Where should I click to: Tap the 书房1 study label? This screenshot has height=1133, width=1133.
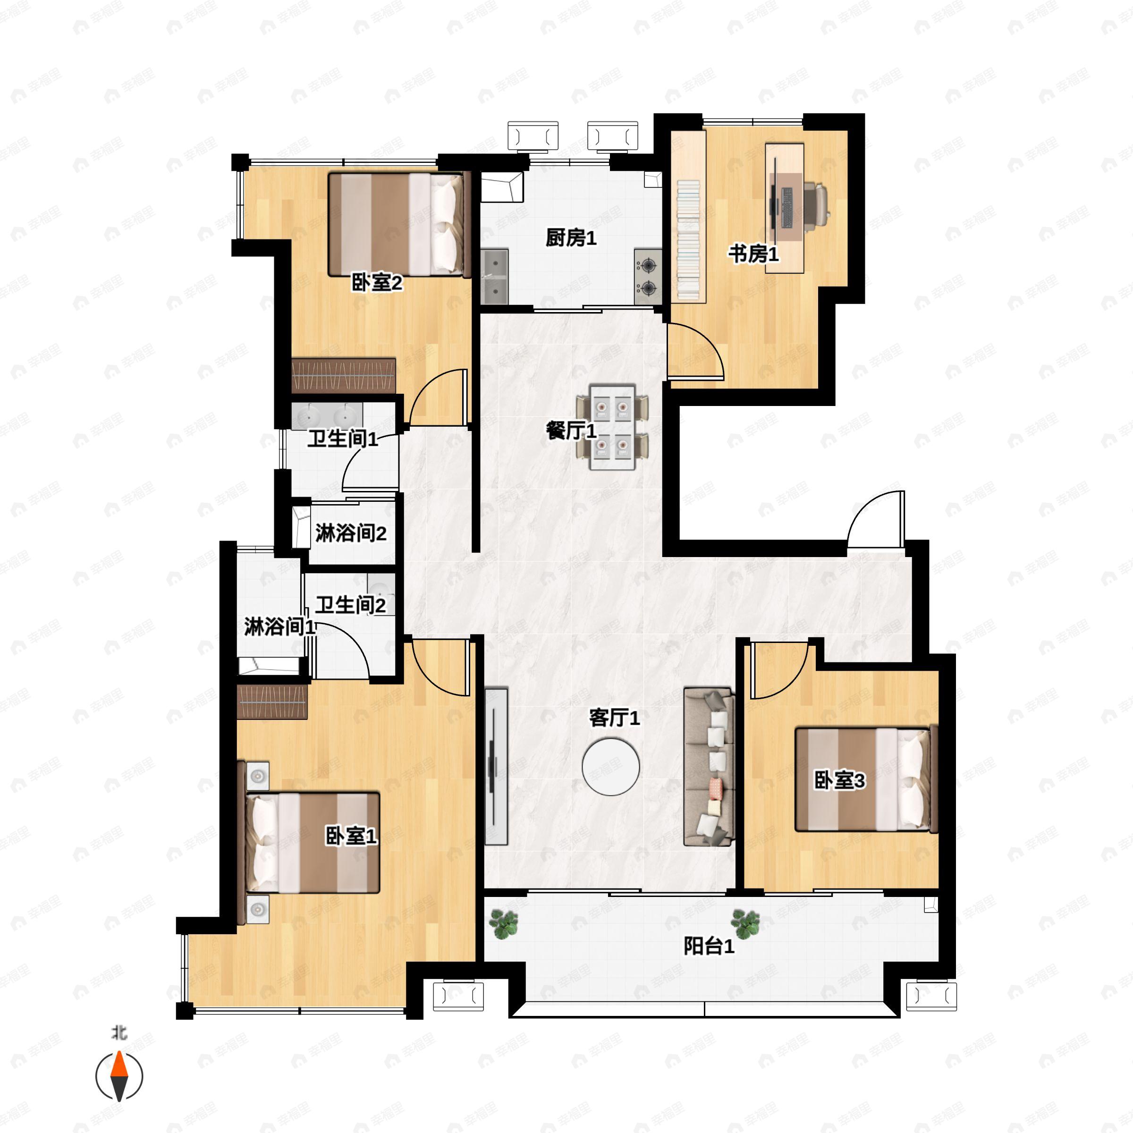click(753, 254)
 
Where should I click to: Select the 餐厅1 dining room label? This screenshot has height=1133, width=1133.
click(571, 431)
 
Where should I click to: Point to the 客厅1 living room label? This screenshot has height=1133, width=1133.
click(614, 717)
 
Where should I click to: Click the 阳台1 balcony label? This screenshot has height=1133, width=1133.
click(709, 946)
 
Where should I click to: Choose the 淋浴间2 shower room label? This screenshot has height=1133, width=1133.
click(351, 533)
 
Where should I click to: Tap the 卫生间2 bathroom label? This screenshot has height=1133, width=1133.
click(351, 605)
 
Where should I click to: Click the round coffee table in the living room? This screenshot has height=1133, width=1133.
click(610, 767)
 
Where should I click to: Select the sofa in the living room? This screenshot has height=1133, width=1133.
click(709, 767)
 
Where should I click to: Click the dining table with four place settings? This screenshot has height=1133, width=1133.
click(613, 427)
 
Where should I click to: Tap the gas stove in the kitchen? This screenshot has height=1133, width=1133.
click(648, 276)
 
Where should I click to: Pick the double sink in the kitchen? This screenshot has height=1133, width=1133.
click(494, 277)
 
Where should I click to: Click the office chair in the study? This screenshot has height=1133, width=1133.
click(817, 203)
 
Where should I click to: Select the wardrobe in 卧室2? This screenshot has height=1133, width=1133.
click(344, 375)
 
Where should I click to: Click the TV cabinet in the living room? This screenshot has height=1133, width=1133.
click(496, 767)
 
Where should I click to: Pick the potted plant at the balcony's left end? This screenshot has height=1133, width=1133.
click(504, 924)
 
